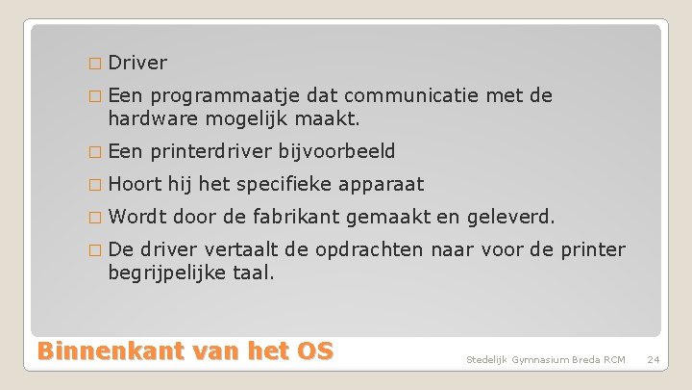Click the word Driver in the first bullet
point(137,64)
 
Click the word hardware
point(148,119)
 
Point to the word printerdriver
point(211,151)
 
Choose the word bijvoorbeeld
point(336,151)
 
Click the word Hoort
point(135,184)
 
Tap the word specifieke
point(292,184)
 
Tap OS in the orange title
point(313,350)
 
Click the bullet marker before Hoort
point(93,185)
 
